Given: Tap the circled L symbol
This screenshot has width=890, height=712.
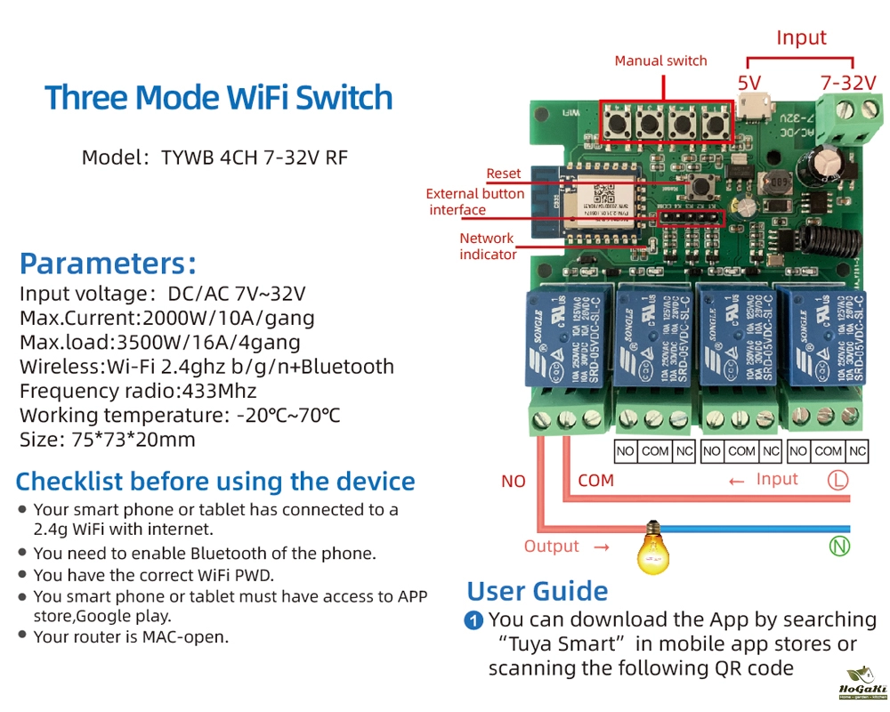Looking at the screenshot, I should click(x=838, y=481).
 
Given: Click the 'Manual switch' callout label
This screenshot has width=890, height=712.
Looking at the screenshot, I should click(x=660, y=61).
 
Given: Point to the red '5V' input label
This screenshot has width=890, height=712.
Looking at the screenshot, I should click(x=749, y=83).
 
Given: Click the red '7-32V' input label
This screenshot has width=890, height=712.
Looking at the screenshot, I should click(x=848, y=83).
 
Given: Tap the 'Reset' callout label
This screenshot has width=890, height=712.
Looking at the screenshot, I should click(x=504, y=174).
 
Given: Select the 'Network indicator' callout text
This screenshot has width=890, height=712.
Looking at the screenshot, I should click(x=488, y=247).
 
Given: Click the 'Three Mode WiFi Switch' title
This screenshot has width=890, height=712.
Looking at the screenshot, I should click(x=219, y=97).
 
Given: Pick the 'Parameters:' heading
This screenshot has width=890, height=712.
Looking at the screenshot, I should click(x=108, y=263).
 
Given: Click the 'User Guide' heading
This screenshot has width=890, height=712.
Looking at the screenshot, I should click(x=538, y=591).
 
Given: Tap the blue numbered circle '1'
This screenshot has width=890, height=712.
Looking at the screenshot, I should click(x=474, y=620).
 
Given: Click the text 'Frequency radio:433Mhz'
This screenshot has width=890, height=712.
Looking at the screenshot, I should click(x=138, y=391).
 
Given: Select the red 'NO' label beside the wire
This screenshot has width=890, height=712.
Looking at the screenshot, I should click(x=514, y=481).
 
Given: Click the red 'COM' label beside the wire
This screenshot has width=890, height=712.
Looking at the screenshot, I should click(x=595, y=481).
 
